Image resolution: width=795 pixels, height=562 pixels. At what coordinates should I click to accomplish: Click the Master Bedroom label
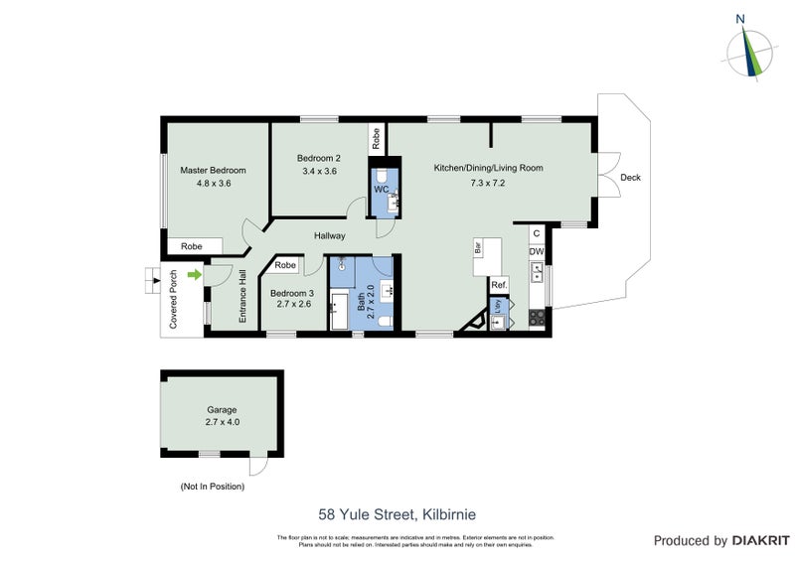pyautogui.click(x=213, y=170)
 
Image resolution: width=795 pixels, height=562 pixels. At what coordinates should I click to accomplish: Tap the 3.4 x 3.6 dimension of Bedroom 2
pyautogui.click(x=318, y=171)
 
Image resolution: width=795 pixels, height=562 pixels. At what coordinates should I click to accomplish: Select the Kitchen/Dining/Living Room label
pyautogui.click(x=488, y=168)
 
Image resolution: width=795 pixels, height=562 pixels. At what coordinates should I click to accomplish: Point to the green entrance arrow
pyautogui.click(x=195, y=274)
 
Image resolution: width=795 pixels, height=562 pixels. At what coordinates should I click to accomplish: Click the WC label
pyautogui.click(x=381, y=189)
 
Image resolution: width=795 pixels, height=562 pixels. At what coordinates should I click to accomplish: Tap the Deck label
pyautogui.click(x=630, y=178)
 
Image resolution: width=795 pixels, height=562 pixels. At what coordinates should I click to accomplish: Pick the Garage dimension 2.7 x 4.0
pyautogui.click(x=223, y=422)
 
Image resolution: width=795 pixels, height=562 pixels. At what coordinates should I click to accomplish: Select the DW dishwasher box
pyautogui.click(x=537, y=252)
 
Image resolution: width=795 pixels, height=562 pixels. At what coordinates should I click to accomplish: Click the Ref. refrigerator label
pyautogui.click(x=499, y=285)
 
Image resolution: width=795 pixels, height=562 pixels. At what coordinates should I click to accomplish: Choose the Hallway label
pyautogui.click(x=330, y=235)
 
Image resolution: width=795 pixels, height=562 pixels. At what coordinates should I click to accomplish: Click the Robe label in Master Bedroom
pyautogui.click(x=193, y=246)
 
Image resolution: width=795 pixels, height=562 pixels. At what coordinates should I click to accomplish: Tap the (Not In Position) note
pyautogui.click(x=212, y=487)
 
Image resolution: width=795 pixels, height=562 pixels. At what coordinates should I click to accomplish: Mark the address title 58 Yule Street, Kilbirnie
pyautogui.click(x=397, y=514)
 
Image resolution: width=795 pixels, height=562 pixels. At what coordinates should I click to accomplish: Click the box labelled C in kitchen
pyautogui.click(x=537, y=233)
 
